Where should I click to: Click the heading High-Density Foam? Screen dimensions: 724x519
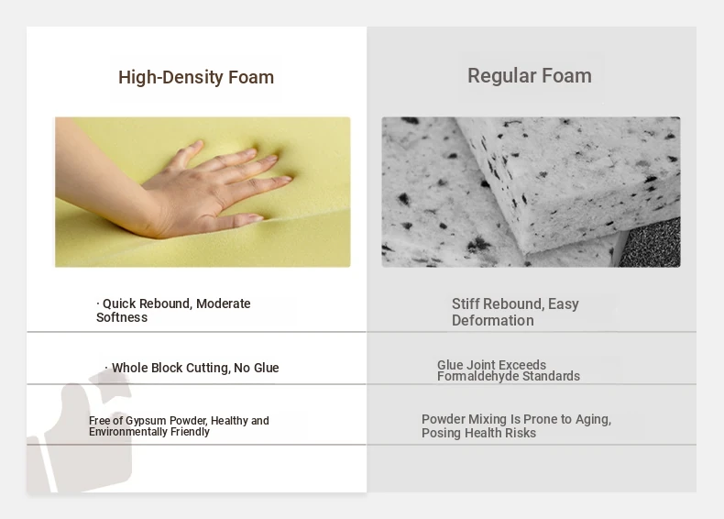pyautogui.click(x=196, y=77)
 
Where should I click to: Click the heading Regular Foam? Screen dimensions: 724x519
pyautogui.click(x=530, y=76)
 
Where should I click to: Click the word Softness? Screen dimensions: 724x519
pyautogui.click(x=122, y=317)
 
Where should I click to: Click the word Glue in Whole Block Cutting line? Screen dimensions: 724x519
pyautogui.click(x=267, y=368)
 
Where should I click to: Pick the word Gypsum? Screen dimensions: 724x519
pyautogui.click(x=146, y=421)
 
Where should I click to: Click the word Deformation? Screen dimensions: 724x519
pyautogui.click(x=493, y=320)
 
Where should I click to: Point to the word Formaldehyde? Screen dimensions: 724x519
pyautogui.click(x=477, y=376)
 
